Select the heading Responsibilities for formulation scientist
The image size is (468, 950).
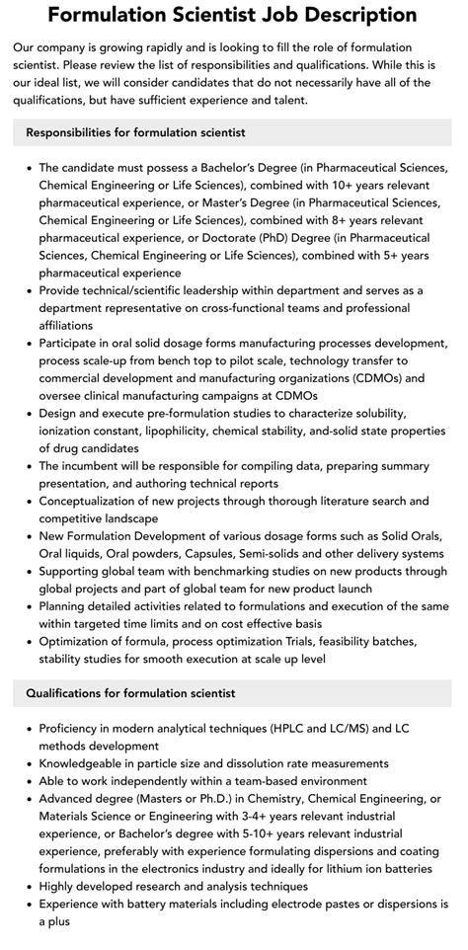[x=136, y=132]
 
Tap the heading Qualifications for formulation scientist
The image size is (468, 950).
[x=130, y=693]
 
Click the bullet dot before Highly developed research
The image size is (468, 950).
[x=29, y=887]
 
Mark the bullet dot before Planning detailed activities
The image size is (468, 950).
[x=29, y=607]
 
